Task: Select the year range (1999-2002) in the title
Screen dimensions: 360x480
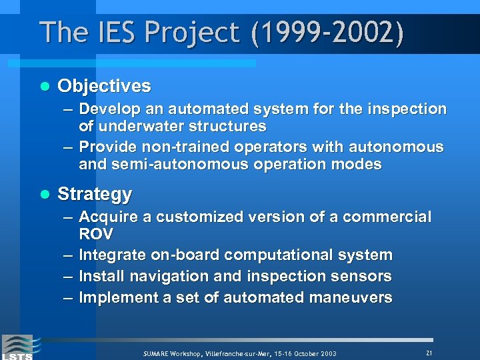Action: click(x=327, y=33)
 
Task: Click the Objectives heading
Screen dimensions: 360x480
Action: click(x=104, y=86)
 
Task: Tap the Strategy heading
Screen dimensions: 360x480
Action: click(x=95, y=195)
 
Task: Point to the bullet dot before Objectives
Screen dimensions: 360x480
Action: click(x=45, y=87)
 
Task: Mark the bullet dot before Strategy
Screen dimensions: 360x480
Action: click(x=45, y=195)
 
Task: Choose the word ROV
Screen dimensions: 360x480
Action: click(x=96, y=235)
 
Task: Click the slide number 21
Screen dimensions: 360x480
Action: click(x=429, y=352)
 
